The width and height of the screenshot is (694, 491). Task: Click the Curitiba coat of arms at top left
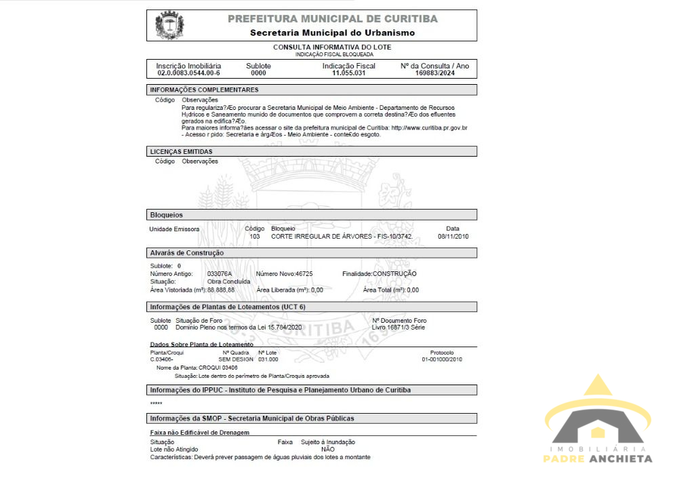tap(170, 26)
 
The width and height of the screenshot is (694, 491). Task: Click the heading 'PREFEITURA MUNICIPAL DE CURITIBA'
tap(332, 19)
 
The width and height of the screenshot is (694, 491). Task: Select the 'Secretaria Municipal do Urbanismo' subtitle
tap(332, 33)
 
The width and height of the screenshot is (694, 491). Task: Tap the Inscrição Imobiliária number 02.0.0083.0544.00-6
tap(188, 73)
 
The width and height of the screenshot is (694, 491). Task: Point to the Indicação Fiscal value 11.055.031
tap(348, 73)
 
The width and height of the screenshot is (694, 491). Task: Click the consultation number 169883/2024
tap(434, 73)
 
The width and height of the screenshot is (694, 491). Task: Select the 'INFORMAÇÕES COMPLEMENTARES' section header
tap(204, 90)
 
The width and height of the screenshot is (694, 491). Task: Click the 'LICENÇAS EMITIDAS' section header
tap(181, 151)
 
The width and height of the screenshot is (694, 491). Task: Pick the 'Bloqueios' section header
tap(167, 215)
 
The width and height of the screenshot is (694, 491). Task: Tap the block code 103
tap(255, 236)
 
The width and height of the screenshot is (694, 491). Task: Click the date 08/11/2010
tap(453, 236)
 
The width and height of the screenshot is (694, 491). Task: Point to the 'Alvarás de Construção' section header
tap(187, 253)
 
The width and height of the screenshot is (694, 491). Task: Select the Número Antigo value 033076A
tap(220, 273)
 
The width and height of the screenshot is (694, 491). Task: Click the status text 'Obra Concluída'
tap(228, 281)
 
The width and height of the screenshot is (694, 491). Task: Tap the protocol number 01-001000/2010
tap(441, 359)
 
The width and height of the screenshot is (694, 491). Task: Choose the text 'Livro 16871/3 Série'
tap(399, 328)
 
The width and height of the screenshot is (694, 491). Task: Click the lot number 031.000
tap(268, 359)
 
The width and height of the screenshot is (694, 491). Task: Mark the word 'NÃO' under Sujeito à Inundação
tap(328, 449)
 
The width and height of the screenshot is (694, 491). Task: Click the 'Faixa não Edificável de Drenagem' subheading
tap(200, 432)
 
